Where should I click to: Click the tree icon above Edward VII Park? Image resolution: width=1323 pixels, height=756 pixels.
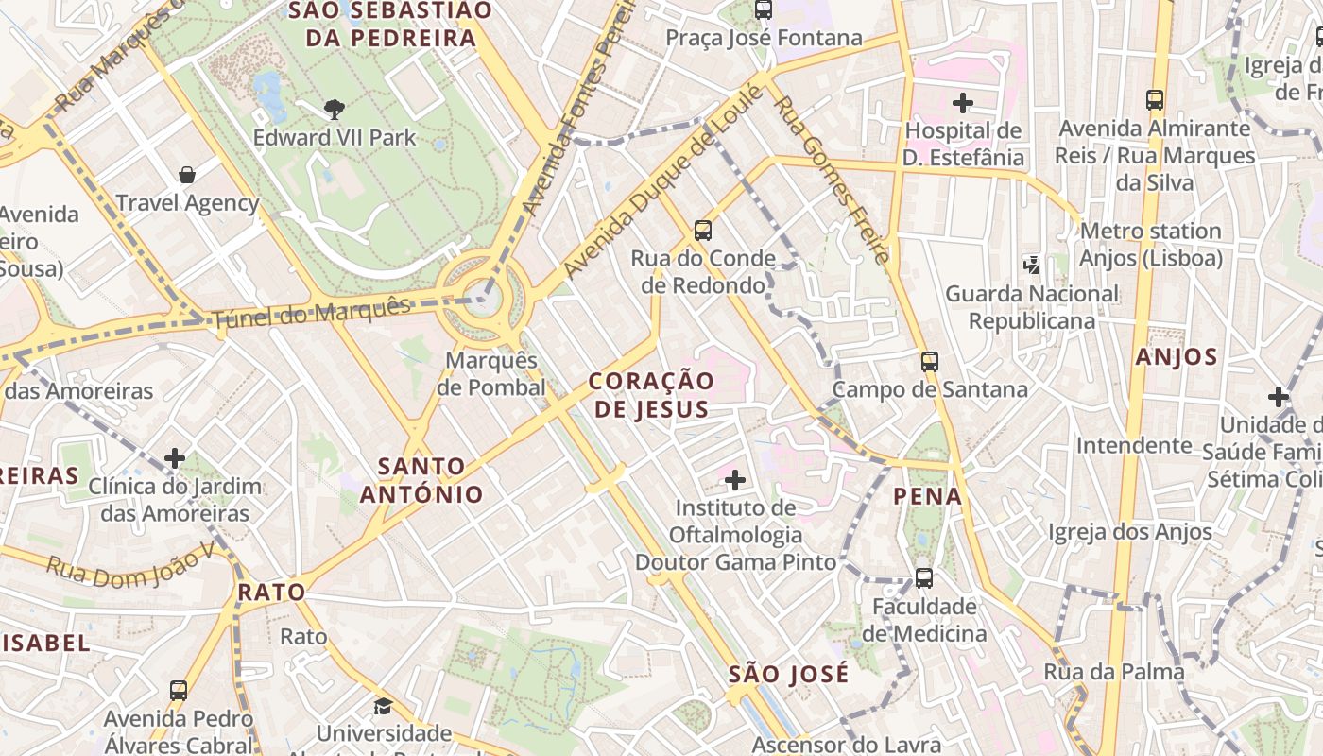click(x=334, y=110)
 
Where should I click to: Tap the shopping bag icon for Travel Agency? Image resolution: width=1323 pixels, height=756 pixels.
click(x=187, y=175)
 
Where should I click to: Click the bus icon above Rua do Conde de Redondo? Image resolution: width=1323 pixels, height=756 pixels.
click(x=702, y=230)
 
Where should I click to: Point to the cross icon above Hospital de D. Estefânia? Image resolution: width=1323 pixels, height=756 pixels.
click(x=963, y=102)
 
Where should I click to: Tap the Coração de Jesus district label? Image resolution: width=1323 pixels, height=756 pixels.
click(x=651, y=395)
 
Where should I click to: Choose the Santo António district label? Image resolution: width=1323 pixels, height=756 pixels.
click(x=421, y=480)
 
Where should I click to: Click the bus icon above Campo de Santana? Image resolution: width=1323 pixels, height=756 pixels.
click(x=930, y=361)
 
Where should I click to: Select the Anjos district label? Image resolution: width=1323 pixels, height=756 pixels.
click(x=1177, y=357)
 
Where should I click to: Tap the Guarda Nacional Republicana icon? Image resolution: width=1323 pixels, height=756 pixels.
click(x=1031, y=266)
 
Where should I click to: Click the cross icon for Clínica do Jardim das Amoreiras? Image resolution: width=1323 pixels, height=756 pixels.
click(x=175, y=458)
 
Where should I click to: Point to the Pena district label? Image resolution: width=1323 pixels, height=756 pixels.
click(x=928, y=496)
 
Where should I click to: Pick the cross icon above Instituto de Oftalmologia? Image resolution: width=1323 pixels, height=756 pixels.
click(x=734, y=480)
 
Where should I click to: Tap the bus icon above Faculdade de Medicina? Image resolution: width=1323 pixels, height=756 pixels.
click(x=924, y=577)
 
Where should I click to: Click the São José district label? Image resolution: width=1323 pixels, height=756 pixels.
click(x=789, y=675)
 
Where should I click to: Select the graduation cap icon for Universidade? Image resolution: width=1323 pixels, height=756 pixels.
click(x=383, y=706)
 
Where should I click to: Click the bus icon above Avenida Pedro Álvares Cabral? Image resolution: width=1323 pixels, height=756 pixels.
click(x=179, y=690)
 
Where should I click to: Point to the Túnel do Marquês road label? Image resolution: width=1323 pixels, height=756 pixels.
click(x=312, y=314)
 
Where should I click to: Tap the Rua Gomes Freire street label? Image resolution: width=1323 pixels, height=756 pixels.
click(x=832, y=180)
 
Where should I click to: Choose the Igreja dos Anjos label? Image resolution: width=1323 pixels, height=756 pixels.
click(x=1129, y=532)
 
